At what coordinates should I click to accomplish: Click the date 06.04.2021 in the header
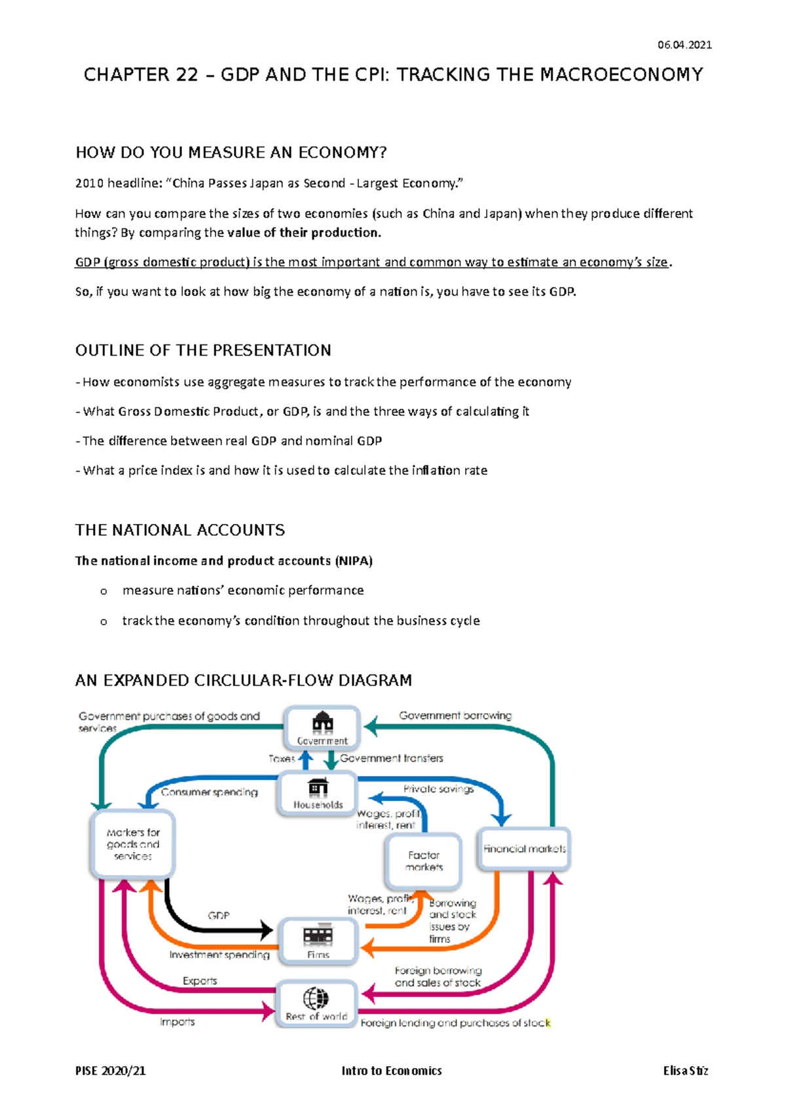(684, 45)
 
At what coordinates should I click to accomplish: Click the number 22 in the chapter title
(187, 75)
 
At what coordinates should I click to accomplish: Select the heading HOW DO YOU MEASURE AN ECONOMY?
(231, 153)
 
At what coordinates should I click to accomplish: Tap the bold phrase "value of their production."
(304, 232)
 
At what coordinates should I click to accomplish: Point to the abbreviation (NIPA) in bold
(354, 561)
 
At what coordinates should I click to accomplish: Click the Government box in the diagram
(322, 728)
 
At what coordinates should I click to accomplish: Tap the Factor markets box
(424, 861)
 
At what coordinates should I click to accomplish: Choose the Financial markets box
(524, 849)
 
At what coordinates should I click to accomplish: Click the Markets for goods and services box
(132, 844)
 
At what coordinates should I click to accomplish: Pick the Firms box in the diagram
(318, 941)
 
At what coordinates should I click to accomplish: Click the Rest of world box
(316, 1003)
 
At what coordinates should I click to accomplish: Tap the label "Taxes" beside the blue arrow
(282, 758)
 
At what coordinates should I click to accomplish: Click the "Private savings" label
(438, 789)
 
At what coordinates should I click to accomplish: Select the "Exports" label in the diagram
(200, 981)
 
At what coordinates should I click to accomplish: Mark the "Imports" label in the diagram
(178, 1022)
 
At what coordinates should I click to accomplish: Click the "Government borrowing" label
(455, 715)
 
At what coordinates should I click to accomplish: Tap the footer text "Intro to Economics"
(391, 1071)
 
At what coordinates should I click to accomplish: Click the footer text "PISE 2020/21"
(110, 1071)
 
